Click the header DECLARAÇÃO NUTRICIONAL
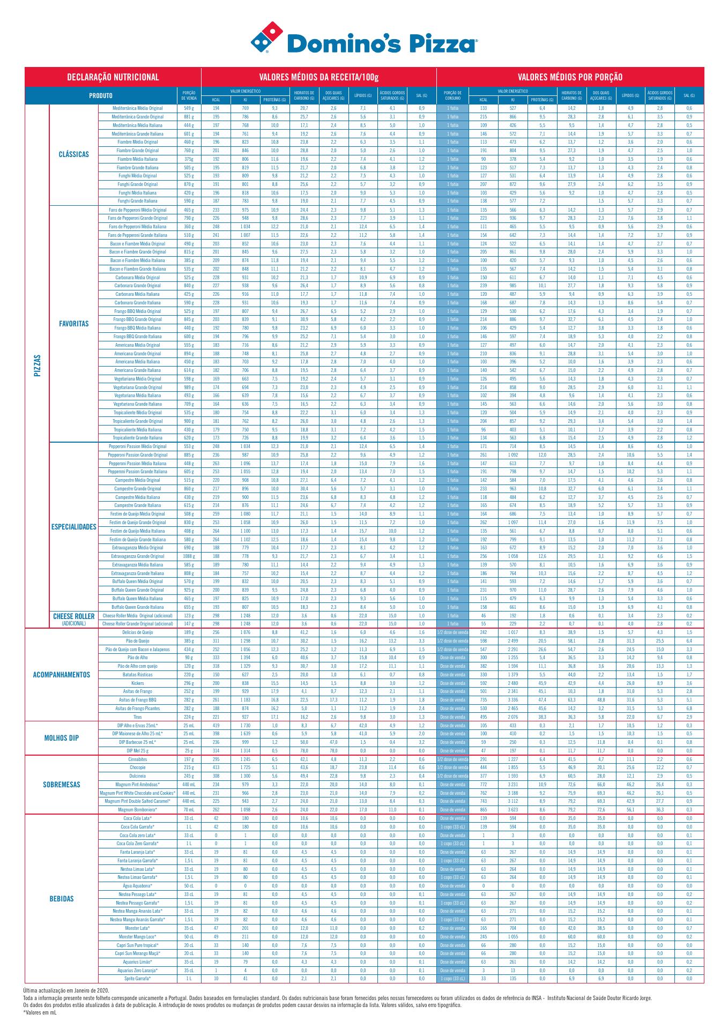click(113, 77)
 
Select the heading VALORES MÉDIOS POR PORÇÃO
click(570, 77)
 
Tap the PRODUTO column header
click(101, 96)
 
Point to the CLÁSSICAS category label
click(74, 154)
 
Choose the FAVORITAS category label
click(74, 324)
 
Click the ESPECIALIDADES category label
click(74, 527)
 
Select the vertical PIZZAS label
click(37, 366)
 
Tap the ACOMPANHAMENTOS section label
click(62, 675)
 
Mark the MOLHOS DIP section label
click(62, 738)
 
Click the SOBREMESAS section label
click(62, 785)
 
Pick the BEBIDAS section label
click(62, 899)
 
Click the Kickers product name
click(138, 683)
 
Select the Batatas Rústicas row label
click(138, 675)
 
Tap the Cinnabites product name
click(138, 759)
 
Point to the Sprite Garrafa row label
click(138, 979)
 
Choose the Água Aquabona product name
click(138, 886)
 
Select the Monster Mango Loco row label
click(138, 936)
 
